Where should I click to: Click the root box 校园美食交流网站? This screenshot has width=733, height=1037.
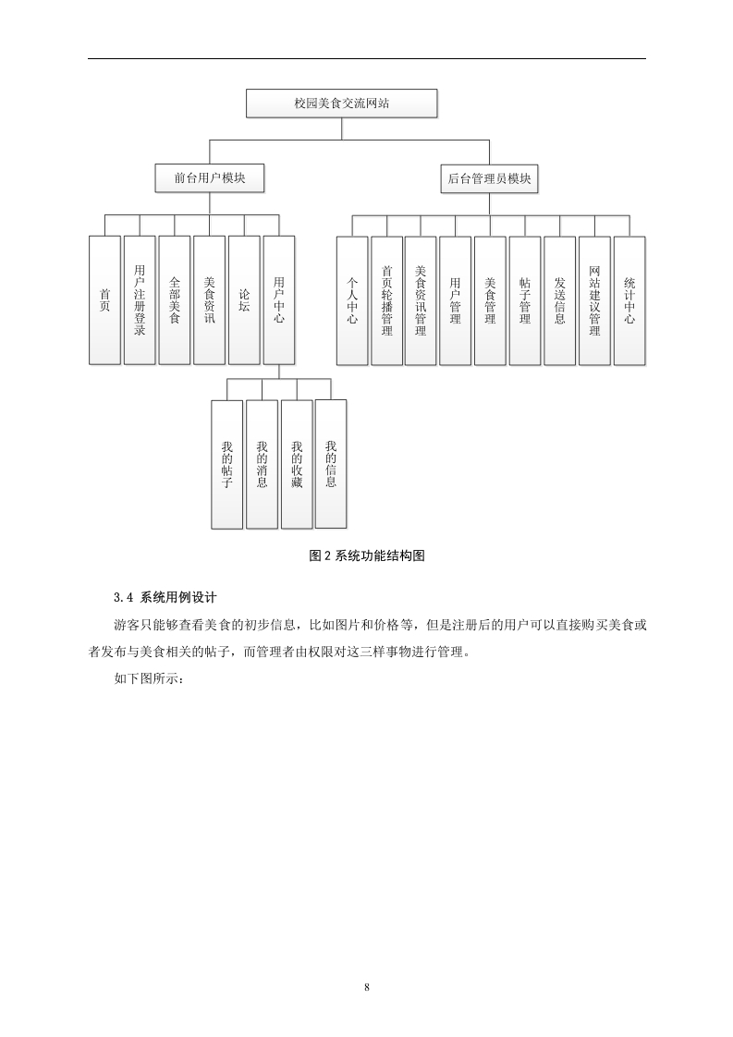341,104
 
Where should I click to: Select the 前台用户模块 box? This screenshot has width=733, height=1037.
210,178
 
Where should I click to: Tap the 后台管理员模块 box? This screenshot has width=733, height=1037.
490,178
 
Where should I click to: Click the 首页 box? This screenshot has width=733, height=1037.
104,299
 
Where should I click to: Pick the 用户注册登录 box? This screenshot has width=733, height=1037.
140,299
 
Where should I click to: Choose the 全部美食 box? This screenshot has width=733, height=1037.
175,299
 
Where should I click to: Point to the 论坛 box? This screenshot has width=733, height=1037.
244,299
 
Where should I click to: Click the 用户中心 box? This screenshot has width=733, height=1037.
279,299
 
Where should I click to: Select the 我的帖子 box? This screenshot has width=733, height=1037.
226,464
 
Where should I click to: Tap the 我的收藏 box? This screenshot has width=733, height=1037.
297,464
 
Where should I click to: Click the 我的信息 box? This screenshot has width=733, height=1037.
331,464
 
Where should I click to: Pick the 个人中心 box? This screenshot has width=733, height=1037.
352,300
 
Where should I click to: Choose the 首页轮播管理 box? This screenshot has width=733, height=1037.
387,300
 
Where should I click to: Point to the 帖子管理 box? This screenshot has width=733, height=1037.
525,300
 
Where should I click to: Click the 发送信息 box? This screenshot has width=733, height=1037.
559,300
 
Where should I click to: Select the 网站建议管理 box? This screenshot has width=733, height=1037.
594,300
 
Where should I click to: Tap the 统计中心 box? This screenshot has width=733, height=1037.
629,300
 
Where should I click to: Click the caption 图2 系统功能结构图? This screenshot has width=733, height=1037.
366,555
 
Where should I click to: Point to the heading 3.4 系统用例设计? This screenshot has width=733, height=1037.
165,597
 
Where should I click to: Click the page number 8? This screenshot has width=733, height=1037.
366,987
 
